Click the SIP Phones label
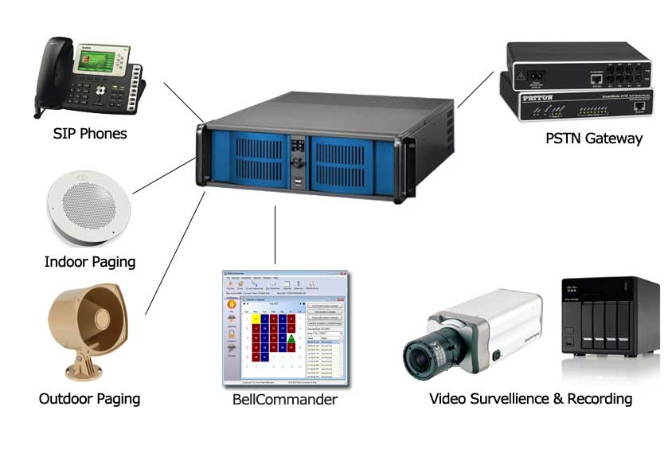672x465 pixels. coord(89,133)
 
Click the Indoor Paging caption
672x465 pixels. coord(89,261)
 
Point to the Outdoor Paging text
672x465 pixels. coord(89,398)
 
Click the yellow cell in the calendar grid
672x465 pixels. coord(256,319)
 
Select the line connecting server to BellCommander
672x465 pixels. coord(275,235)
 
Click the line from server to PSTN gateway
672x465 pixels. coord(475,90)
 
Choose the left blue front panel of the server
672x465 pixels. coord(242,158)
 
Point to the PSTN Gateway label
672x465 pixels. coord(594,138)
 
